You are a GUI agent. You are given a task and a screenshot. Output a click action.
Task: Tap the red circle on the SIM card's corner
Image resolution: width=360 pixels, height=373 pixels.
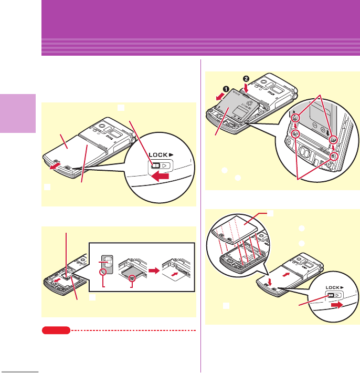tap(105, 273)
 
